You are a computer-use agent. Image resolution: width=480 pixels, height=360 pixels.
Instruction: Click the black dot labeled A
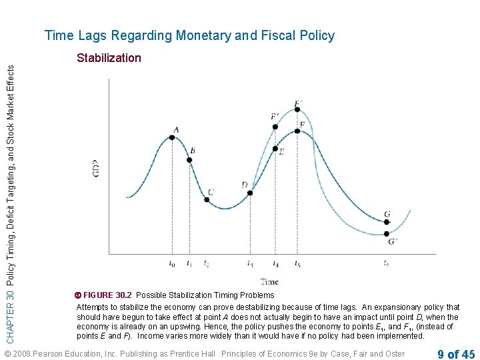(172, 137)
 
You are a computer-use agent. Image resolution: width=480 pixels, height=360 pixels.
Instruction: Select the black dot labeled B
(191, 160)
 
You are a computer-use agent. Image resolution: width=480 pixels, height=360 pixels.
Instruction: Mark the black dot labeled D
(250, 193)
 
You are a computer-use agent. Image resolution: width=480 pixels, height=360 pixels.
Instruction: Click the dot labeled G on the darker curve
(387, 223)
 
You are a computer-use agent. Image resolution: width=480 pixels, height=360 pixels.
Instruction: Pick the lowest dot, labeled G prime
(387, 234)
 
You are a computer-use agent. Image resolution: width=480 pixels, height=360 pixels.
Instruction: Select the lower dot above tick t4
(275, 149)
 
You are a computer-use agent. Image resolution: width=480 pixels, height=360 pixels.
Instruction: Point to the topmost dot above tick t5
(297, 111)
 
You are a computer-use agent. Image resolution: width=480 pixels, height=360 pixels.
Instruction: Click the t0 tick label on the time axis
(172, 264)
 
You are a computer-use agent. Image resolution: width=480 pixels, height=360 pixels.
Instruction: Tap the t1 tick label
(190, 264)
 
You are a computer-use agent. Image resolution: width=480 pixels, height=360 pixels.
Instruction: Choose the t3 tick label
(250, 264)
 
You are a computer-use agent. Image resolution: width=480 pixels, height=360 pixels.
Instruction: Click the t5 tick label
(297, 264)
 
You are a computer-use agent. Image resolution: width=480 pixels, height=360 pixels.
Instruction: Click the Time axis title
(269, 281)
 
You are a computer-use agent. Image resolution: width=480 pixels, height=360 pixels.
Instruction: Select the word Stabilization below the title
(109, 58)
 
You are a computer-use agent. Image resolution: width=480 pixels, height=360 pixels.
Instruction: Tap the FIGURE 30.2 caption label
(107, 295)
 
